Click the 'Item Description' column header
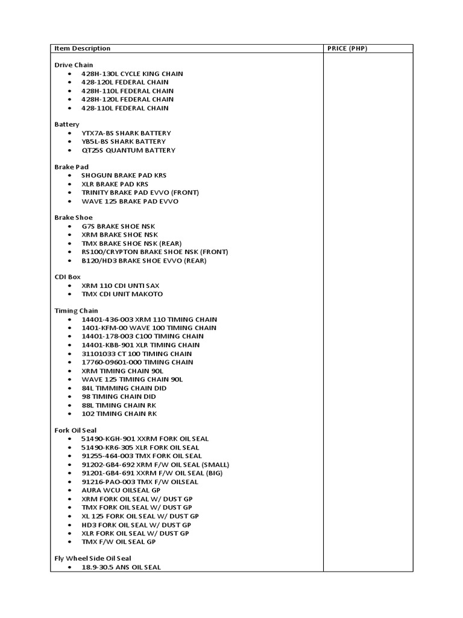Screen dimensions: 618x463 coord(83,48)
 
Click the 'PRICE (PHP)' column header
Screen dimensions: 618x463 coord(347,48)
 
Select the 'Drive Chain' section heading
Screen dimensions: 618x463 coord(74,65)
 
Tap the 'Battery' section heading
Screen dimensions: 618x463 coord(67,124)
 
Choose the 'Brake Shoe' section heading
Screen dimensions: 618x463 coord(74,217)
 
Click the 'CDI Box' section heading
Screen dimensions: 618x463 coord(68,277)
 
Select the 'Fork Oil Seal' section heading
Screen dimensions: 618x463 coord(75,430)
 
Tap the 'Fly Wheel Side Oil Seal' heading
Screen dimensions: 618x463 coord(93,559)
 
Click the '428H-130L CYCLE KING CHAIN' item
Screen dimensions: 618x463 coord(132,74)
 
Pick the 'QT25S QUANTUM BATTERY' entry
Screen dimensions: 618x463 coord(128,150)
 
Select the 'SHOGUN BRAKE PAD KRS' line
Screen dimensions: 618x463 coord(124,175)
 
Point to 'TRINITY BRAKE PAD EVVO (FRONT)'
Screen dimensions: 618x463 coord(140,193)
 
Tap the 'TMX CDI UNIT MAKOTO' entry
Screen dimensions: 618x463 coord(122,294)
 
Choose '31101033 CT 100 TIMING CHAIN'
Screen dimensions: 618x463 coord(137,354)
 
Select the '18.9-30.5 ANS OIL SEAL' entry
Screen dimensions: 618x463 coord(121,567)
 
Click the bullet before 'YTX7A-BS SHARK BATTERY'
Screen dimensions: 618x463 coord(71,133)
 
